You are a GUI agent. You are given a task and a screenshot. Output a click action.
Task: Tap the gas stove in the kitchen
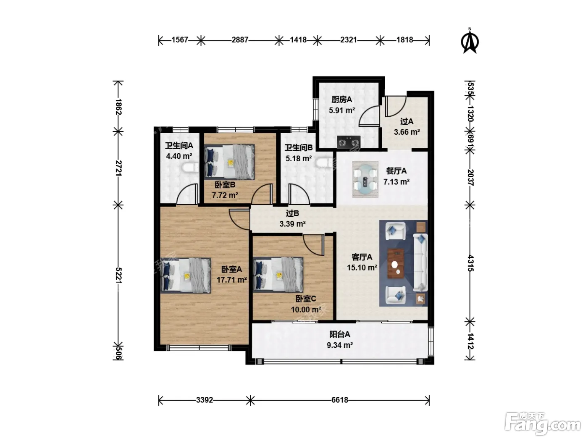point(348,142)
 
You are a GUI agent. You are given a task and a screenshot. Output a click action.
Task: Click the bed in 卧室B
point(229,162)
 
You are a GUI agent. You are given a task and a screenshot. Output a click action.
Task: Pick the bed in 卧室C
point(278,274)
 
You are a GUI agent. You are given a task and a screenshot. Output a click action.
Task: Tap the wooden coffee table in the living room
point(396,264)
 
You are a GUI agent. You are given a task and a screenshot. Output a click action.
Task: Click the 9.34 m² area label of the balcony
point(339,345)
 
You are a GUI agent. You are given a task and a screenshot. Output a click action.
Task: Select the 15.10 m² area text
point(362,268)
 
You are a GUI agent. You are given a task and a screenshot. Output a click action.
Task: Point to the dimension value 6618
point(340,400)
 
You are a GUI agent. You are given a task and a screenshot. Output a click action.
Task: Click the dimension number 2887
point(240,40)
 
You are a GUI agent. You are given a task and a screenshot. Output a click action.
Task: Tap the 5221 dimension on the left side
point(118,275)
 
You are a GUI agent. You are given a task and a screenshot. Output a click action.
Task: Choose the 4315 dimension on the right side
point(470,263)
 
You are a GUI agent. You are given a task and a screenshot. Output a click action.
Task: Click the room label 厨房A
point(341,100)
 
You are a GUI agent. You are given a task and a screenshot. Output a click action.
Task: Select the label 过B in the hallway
point(292,213)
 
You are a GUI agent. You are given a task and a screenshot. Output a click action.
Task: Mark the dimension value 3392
point(205,400)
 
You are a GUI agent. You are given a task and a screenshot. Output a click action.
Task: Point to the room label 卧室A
point(231,269)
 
